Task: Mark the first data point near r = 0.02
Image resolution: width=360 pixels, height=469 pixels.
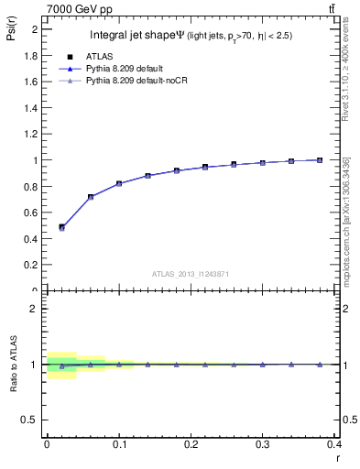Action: (x=61, y=227)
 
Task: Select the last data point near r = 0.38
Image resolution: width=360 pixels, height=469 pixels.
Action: (x=320, y=160)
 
